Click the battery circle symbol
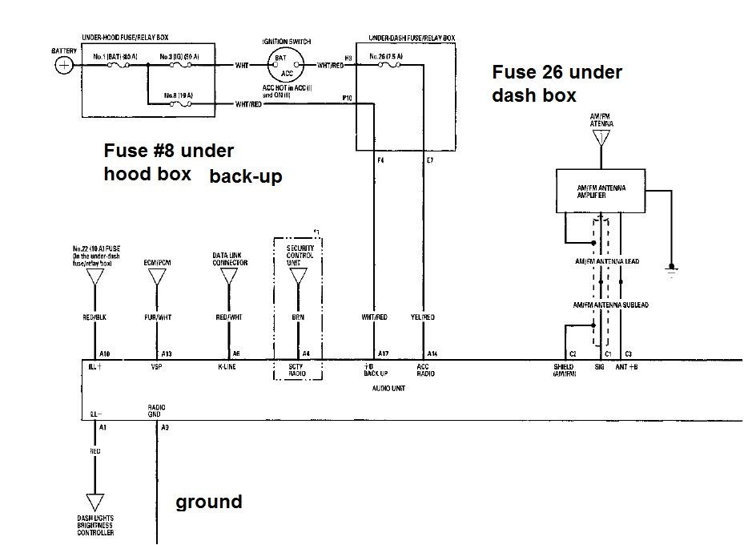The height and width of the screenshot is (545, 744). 62,66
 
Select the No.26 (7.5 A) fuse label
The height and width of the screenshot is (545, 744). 388,57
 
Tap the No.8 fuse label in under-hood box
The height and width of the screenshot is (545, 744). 178,95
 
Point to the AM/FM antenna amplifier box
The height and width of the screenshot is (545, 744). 601,191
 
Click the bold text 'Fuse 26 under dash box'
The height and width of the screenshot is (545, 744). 557,83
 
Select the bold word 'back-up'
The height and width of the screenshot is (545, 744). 246,176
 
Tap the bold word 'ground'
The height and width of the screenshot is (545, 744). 208,503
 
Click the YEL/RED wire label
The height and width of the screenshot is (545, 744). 423,317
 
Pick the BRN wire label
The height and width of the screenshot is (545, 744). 298,317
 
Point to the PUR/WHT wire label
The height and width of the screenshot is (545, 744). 159,317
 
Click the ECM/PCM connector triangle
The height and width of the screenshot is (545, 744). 158,277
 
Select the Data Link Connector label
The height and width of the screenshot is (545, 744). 230,257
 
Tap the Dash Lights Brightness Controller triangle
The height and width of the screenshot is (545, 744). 95,503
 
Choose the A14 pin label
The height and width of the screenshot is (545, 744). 432,353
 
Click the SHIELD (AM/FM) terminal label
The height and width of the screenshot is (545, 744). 564,369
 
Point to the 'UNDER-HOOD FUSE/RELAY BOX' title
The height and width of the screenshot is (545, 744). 130,38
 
